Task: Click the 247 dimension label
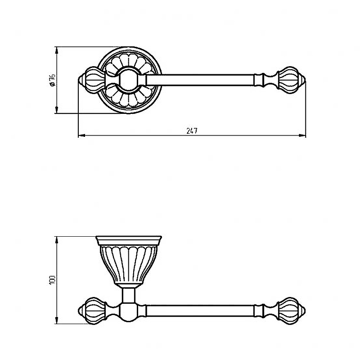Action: tap(192, 131)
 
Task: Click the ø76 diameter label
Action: tap(52, 80)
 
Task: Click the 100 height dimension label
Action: tap(52, 280)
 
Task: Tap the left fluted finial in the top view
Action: tap(92, 80)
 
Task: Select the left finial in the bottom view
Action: tap(92, 310)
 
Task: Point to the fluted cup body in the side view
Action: tap(129, 264)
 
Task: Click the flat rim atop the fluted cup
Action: tap(129, 241)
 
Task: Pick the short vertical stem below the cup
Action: tap(129, 295)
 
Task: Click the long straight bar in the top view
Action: tap(200, 80)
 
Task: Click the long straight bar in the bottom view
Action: tap(200, 311)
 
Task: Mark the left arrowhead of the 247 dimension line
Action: tap(82, 135)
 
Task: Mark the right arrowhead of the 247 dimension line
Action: tap(302, 135)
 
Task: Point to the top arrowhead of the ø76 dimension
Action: tap(57, 50)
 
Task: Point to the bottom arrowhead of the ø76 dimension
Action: tap(57, 110)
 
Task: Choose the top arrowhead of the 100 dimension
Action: tap(57, 240)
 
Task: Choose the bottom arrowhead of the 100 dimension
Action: tap(57, 320)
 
